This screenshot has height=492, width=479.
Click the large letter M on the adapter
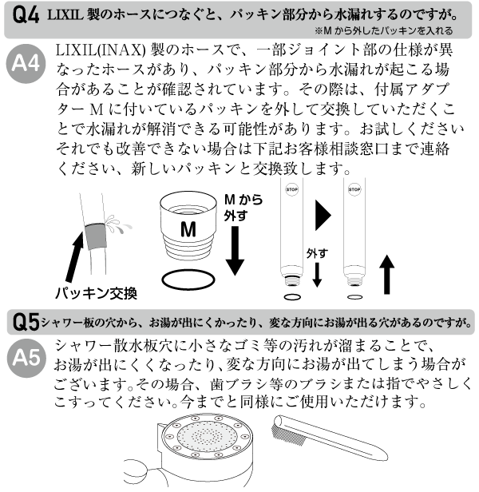coord(188,230)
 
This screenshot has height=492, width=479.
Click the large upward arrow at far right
coord(389,277)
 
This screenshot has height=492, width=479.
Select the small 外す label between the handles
coord(317,253)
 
